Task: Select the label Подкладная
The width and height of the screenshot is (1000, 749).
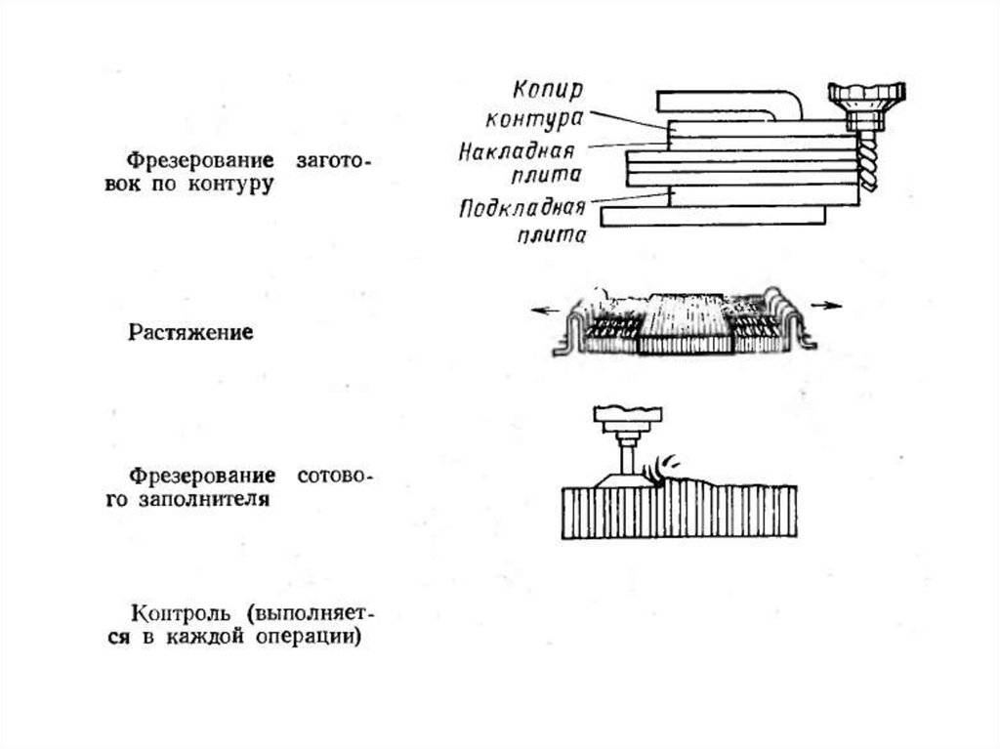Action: pyautogui.click(x=521, y=209)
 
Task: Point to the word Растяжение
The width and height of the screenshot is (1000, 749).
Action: pyautogui.click(x=191, y=333)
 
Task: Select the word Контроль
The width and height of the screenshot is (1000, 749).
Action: pyautogui.click(x=182, y=614)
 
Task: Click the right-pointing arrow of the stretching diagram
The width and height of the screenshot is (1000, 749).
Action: pyautogui.click(x=827, y=306)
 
